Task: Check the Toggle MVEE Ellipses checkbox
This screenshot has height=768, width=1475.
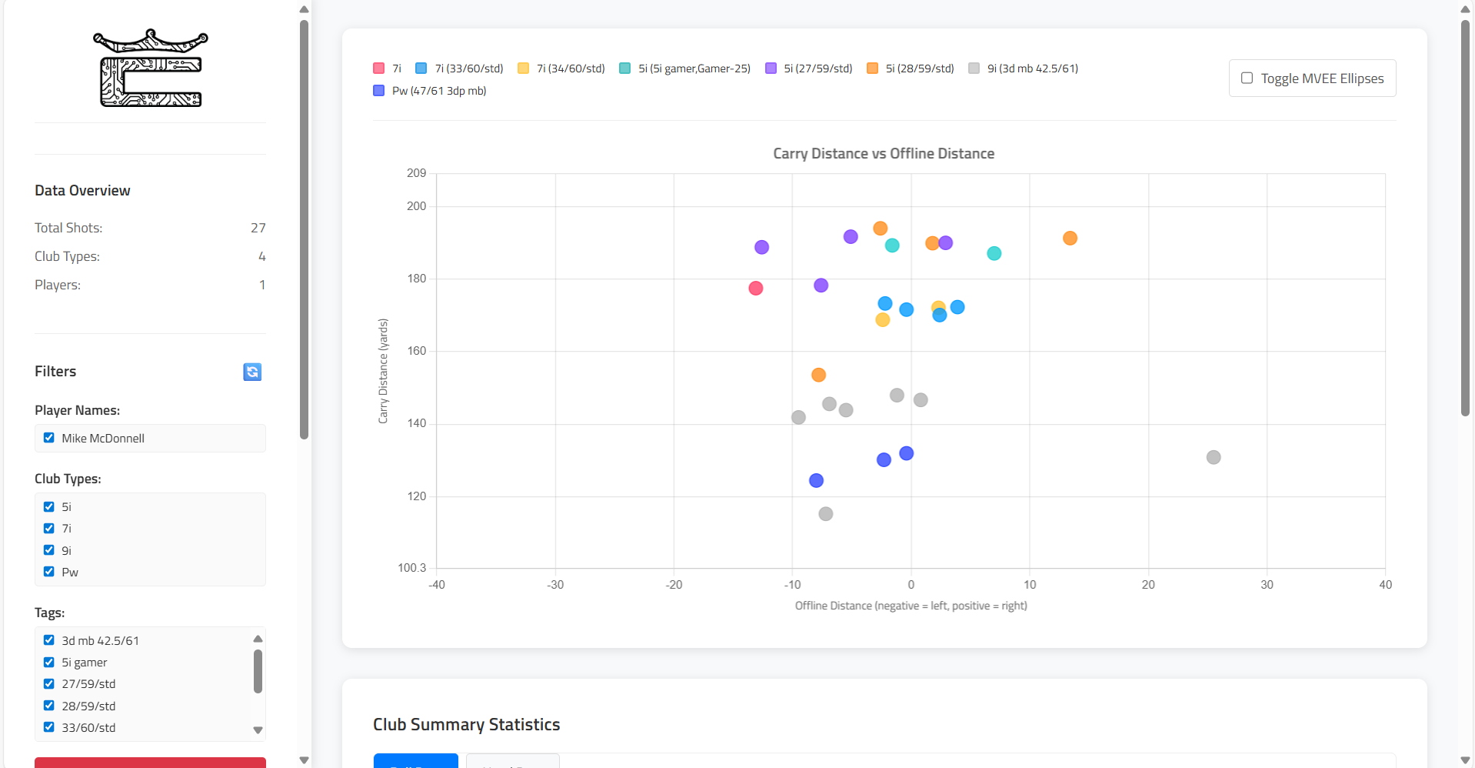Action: [x=1247, y=78]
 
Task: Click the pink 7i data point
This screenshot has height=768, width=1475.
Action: [x=756, y=288]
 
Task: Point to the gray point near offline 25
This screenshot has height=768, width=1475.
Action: [x=1214, y=457]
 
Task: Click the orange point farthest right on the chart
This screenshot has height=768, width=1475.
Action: [x=1070, y=239]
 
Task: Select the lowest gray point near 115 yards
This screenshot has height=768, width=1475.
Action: [x=826, y=514]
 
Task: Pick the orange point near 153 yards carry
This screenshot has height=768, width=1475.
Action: [x=818, y=375]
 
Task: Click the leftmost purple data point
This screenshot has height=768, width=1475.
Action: [x=761, y=247]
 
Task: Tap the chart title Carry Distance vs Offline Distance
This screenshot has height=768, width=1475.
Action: [x=884, y=154]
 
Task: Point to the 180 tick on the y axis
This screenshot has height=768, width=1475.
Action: [x=417, y=279]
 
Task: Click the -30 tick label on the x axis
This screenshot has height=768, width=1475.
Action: [x=555, y=585]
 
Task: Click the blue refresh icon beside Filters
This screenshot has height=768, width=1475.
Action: [x=252, y=372]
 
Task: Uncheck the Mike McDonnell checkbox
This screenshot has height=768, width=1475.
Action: [x=49, y=438]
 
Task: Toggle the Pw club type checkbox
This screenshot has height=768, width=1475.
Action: [x=49, y=572]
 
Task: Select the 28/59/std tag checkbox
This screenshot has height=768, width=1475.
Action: [x=49, y=706]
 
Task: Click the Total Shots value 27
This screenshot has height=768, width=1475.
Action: [x=258, y=228]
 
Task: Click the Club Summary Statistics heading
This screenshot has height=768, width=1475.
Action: [x=466, y=725]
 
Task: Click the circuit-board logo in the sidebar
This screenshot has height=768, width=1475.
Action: [x=151, y=68]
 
